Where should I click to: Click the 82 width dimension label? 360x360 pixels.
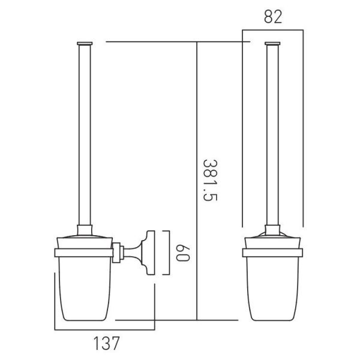(273, 17)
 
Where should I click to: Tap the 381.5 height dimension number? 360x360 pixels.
(210, 180)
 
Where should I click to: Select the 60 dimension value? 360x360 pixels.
(183, 253)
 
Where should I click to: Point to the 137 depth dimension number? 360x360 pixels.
(107, 343)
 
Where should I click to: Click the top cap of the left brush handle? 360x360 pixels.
(85, 43)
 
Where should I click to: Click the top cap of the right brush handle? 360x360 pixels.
(272, 43)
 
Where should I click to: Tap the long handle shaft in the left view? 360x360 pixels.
(85, 135)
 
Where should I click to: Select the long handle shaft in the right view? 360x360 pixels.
(272, 135)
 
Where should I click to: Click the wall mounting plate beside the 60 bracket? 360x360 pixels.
(151, 253)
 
